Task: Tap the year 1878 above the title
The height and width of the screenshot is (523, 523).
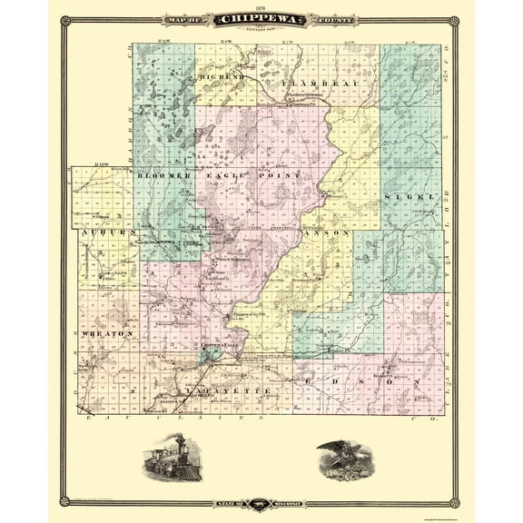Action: tap(261, 6)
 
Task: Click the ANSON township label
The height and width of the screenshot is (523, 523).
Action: tap(331, 233)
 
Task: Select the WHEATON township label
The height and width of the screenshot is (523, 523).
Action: tap(110, 333)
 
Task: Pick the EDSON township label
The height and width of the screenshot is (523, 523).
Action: tap(359, 384)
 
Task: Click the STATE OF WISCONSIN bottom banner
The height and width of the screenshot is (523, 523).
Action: tap(261, 505)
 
